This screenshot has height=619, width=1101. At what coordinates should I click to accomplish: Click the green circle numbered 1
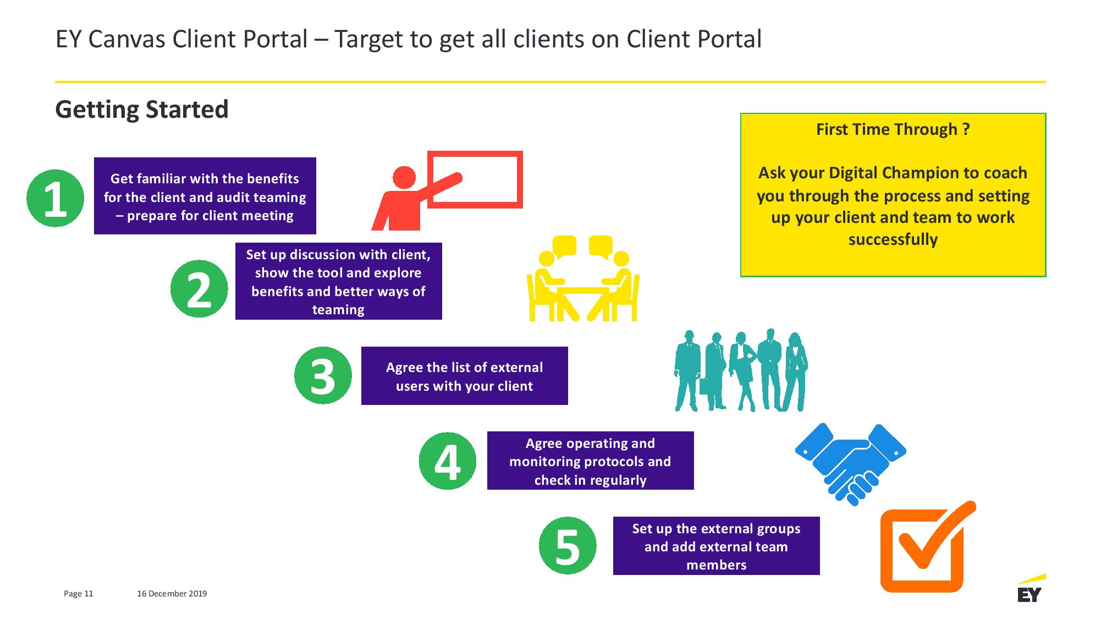[x=55, y=198]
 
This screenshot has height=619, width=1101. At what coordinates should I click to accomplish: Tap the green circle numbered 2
[x=199, y=288]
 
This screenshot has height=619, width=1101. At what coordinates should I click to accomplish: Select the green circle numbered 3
[x=323, y=375]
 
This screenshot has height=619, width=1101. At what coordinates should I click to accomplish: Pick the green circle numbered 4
[x=448, y=461]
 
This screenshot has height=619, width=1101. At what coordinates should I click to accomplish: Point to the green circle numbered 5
[x=568, y=545]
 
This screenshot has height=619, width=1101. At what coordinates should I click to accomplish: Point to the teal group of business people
[x=741, y=370]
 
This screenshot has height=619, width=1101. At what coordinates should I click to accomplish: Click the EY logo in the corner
[x=1030, y=589]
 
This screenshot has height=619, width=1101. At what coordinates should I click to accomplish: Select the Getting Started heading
[x=142, y=109]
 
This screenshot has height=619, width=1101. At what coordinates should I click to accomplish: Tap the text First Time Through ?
[x=893, y=129]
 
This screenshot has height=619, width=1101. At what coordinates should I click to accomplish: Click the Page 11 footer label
[x=79, y=594]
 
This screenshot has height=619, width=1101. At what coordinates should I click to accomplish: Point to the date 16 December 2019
[x=172, y=594]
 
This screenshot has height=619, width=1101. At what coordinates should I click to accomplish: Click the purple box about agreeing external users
[x=464, y=376]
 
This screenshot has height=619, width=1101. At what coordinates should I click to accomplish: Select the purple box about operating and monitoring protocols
[x=590, y=461]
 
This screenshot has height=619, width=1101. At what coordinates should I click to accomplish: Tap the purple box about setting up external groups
[x=716, y=546]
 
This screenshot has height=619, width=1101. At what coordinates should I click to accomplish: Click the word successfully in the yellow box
[x=893, y=239]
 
